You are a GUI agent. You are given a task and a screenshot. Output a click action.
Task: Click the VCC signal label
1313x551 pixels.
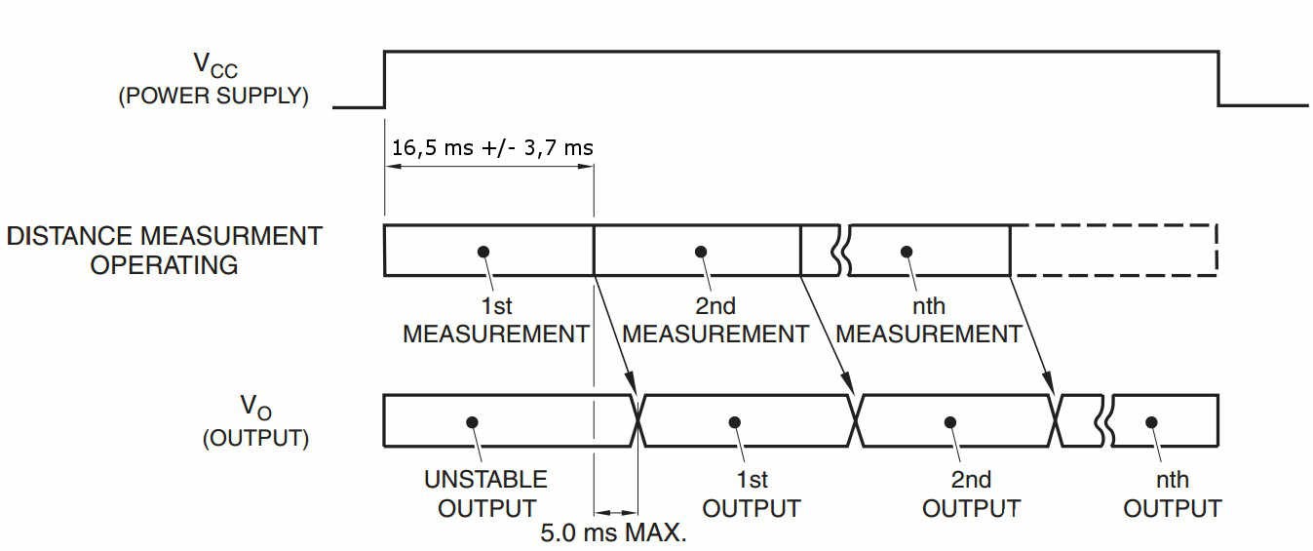[x=215, y=65]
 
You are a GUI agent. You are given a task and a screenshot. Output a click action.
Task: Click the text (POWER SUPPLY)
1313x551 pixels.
[x=213, y=96]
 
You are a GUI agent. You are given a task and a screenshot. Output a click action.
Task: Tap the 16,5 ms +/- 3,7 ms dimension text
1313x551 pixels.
[x=492, y=147]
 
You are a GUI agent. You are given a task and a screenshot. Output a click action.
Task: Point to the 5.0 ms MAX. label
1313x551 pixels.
[x=613, y=532]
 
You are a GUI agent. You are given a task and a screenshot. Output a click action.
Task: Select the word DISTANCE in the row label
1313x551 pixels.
[x=69, y=236]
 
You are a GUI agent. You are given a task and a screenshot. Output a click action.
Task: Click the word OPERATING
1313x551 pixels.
[x=164, y=265]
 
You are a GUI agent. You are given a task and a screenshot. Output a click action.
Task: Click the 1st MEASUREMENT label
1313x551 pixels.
[x=496, y=320]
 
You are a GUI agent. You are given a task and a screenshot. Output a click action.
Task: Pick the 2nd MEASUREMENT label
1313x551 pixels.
[x=715, y=320]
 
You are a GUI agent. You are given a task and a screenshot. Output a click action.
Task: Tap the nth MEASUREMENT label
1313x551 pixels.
[x=929, y=320]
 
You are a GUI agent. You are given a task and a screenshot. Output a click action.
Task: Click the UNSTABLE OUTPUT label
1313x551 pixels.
[x=486, y=493]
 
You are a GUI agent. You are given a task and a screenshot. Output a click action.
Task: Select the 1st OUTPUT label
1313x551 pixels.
[x=752, y=493]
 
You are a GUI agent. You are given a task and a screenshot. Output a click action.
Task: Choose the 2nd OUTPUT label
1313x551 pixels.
[x=971, y=493]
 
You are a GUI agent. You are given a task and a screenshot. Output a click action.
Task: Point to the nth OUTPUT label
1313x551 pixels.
[x=1173, y=493]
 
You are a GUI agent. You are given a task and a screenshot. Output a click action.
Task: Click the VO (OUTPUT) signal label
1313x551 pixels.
[x=255, y=421]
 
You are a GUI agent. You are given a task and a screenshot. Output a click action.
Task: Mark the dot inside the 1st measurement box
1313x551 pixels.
[x=483, y=252]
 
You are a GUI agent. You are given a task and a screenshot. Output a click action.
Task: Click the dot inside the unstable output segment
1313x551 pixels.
[x=472, y=422]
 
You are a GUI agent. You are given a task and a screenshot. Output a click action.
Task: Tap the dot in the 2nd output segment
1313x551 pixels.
[x=950, y=422]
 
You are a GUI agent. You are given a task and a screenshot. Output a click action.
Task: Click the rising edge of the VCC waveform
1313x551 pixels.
[x=384, y=79]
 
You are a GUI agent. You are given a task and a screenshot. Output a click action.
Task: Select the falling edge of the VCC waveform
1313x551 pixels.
[x=1218, y=79]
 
